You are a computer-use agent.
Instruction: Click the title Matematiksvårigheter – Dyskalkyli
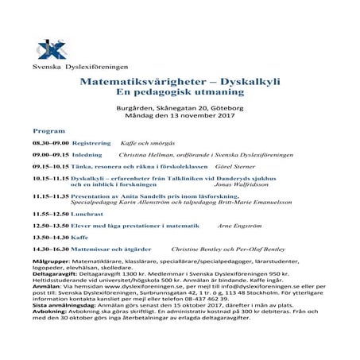click(180, 82)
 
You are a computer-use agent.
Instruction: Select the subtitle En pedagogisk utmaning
click(179, 93)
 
